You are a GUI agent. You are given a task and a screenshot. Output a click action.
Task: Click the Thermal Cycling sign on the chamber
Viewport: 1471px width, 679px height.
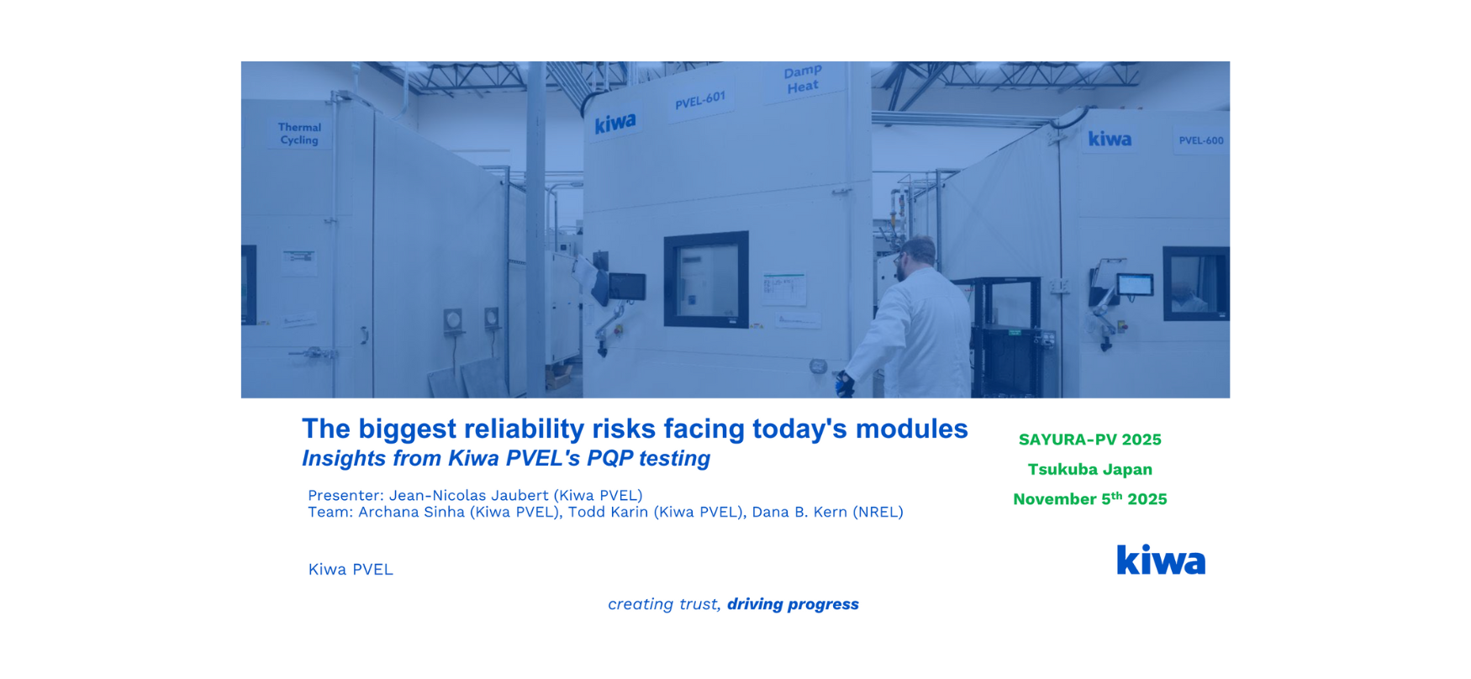coord(299,134)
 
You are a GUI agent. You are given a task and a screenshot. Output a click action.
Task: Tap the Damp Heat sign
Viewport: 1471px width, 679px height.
coord(802,80)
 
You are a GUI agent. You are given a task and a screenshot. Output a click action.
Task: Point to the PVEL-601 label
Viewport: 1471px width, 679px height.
coord(700,101)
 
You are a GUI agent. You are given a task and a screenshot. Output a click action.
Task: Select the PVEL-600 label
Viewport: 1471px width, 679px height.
coord(1200,140)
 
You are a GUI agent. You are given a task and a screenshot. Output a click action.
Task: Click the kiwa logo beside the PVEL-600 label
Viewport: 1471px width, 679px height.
coord(1110,139)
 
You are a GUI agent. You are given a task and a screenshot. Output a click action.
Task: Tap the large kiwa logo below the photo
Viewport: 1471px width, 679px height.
coord(1161,560)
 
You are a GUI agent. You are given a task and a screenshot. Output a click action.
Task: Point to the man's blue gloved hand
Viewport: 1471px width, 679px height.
coord(845,385)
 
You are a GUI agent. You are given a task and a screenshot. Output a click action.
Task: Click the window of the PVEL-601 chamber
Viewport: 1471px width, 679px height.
coord(706,279)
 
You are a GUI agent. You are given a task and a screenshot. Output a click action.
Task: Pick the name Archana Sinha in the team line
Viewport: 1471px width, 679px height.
coord(411,512)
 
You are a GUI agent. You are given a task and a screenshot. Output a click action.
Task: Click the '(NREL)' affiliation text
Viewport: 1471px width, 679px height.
coord(878,512)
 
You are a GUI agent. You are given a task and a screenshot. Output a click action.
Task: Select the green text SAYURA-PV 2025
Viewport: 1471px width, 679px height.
coord(1089,440)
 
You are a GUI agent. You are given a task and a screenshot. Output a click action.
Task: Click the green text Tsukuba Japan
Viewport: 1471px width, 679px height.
coord(1089,469)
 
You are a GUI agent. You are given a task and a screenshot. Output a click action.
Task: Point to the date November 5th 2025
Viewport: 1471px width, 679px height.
coord(1089,498)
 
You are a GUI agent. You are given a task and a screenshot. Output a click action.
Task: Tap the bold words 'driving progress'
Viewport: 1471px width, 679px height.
coord(793,604)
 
